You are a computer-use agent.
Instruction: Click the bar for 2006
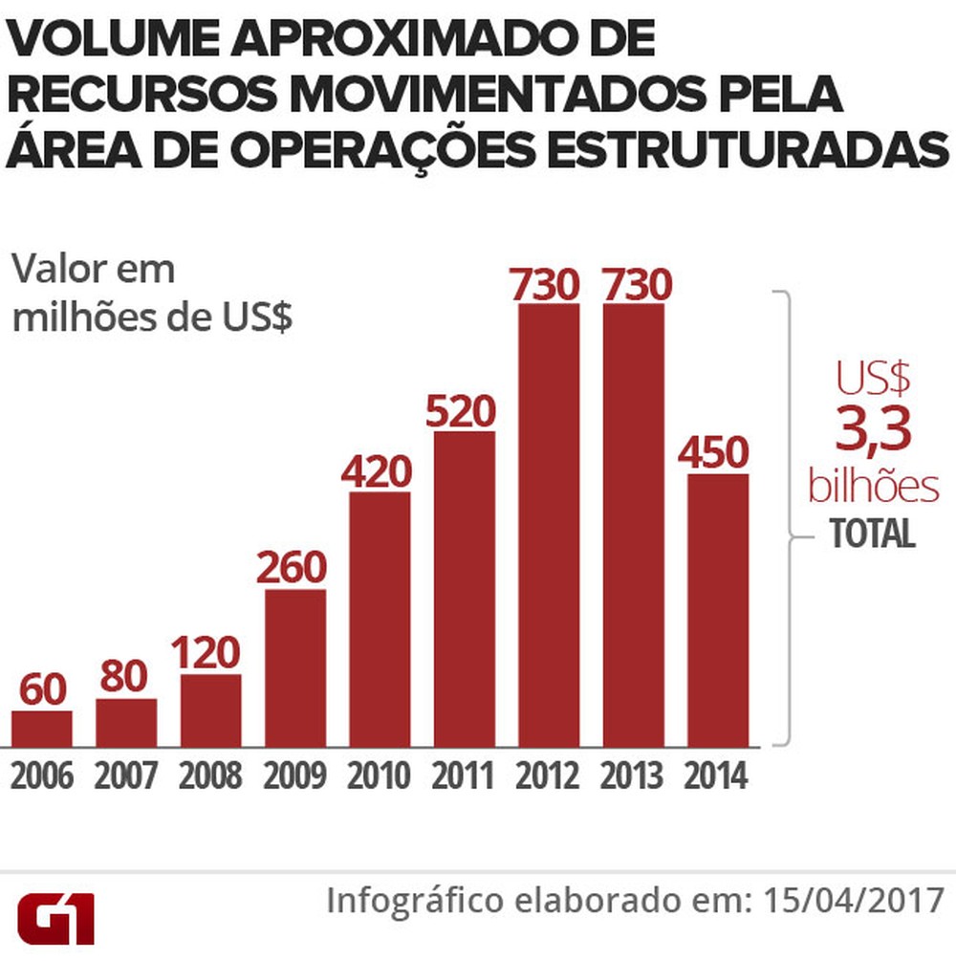[41, 729]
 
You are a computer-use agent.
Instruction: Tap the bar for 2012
[549, 525]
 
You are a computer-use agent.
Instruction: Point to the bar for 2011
[465, 589]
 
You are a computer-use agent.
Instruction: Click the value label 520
[465, 412]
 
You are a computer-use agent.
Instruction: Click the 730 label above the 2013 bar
[633, 284]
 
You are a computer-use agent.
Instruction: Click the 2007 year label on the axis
[126, 776]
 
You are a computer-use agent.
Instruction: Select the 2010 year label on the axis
[380, 776]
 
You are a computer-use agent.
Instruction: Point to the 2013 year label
[633, 776]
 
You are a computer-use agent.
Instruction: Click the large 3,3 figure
[872, 430]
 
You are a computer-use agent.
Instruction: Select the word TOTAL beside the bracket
[872, 534]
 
